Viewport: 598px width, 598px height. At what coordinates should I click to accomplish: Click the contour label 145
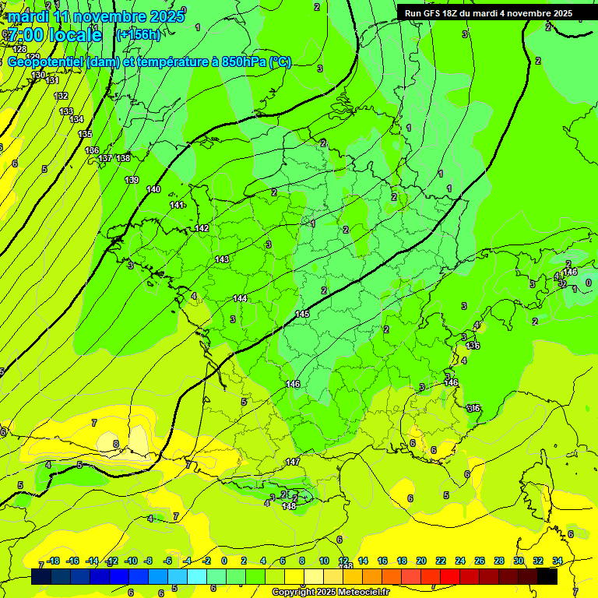302,314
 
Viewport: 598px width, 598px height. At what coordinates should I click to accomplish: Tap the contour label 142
202,228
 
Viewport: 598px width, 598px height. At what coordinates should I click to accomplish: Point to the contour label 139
132,181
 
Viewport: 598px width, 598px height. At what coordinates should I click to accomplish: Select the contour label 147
293,462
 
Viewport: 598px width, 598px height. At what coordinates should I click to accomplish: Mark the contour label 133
66,111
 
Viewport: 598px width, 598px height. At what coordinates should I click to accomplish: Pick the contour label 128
19,49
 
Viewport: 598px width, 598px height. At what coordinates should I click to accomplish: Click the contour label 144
240,298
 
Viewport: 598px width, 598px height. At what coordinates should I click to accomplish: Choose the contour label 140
153,189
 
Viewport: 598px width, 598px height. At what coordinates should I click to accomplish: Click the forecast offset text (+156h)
138,34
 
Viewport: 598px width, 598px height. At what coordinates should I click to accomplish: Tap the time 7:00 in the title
25,35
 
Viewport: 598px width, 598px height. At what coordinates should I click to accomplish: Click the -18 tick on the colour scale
53,561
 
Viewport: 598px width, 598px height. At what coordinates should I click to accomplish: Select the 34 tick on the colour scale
558,561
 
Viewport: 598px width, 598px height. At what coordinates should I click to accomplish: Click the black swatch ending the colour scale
547,576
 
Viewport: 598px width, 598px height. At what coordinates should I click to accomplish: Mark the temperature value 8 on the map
116,445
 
